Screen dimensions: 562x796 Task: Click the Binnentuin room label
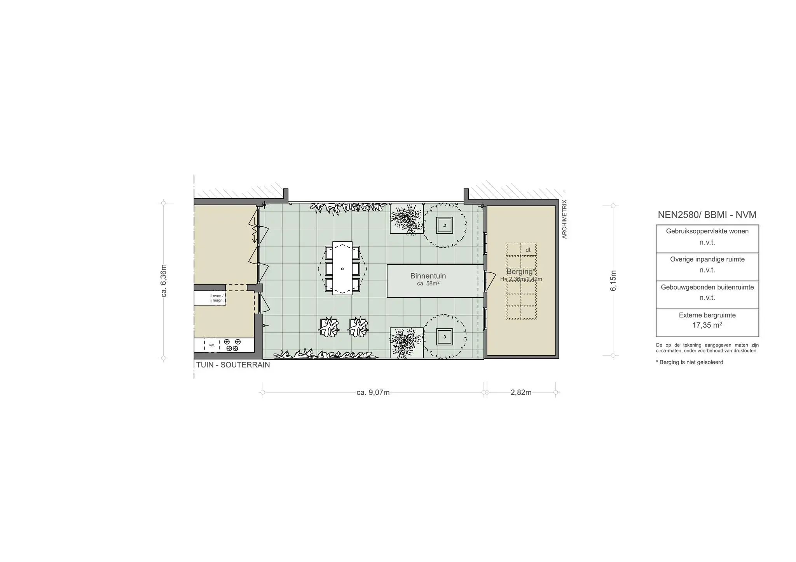[428, 276]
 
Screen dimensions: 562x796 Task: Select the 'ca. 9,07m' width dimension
[373, 392]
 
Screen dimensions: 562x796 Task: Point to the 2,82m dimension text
[521, 392]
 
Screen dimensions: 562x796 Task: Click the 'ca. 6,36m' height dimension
[164, 281]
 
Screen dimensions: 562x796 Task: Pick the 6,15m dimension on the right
[613, 280]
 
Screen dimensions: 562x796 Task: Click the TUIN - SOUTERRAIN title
[233, 365]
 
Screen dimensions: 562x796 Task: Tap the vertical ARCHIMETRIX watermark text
[564, 219]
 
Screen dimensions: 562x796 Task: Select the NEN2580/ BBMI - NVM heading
[707, 215]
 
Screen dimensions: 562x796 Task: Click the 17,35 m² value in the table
[707, 325]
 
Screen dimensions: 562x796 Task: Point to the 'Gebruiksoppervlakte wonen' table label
[707, 231]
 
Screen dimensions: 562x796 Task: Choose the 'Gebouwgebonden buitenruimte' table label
[707, 287]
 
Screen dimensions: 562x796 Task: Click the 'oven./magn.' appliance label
[218, 298]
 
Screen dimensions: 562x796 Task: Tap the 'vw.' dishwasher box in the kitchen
[212, 345]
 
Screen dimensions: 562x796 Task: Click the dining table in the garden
[342, 268]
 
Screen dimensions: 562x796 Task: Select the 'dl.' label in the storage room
[528, 250]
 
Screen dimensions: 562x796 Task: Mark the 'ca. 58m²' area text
[428, 284]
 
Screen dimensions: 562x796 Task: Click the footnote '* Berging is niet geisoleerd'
[690, 362]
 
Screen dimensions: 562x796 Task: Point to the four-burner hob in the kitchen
[234, 345]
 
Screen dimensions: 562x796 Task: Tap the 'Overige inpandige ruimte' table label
[707, 259]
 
